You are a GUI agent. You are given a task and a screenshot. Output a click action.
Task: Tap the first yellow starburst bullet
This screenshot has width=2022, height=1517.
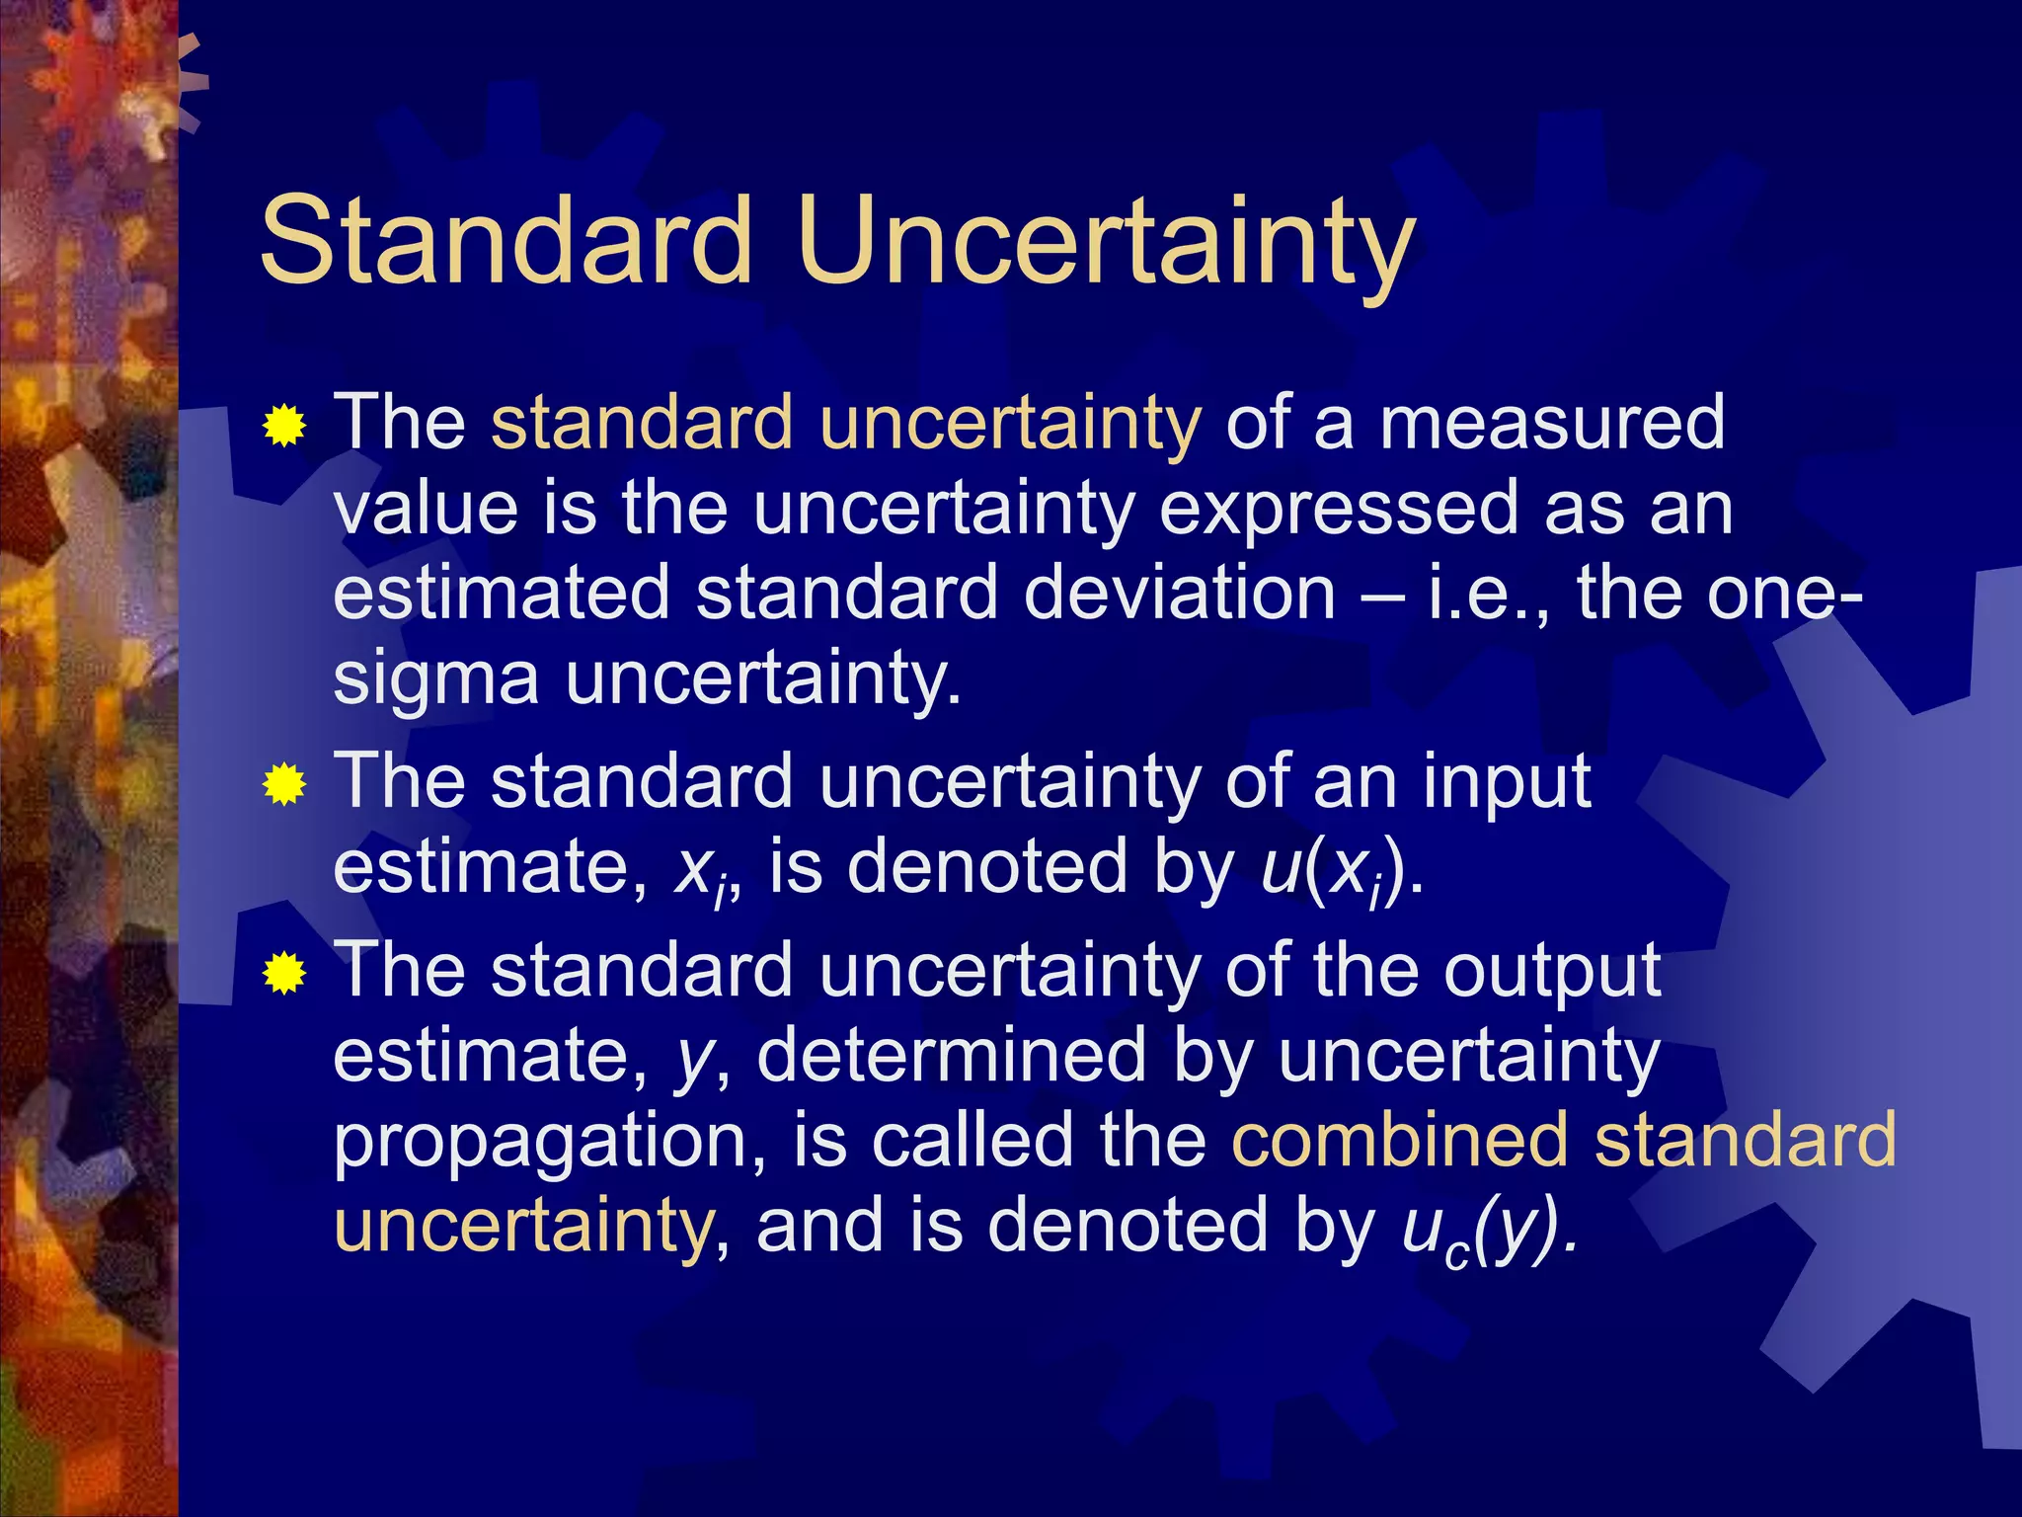[284, 427]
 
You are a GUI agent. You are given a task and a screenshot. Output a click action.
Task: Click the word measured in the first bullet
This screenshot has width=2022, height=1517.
[1552, 423]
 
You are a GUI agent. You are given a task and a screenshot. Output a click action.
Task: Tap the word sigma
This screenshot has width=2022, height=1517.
[435, 681]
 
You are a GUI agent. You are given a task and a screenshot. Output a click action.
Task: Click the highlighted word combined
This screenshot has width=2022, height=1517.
[1400, 1141]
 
